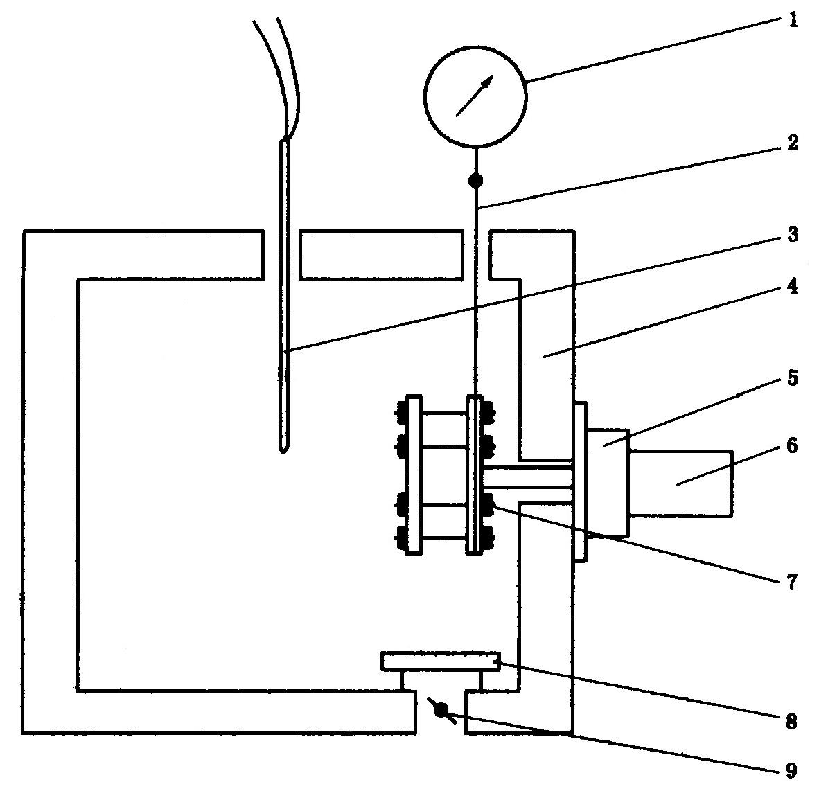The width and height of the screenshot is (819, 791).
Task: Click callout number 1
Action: coord(793,20)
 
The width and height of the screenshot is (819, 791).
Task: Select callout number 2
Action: coord(793,143)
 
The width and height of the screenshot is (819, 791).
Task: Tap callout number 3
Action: coord(793,234)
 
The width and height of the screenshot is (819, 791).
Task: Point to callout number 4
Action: coord(793,285)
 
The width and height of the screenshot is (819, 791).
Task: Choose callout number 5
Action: coord(793,377)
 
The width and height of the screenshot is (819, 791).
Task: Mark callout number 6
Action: coord(792,445)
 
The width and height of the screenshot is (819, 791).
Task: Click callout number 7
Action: coord(792,582)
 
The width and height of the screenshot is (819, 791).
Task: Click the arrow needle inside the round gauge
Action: coord(474,96)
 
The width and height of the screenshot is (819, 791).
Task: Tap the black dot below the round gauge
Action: coord(475,181)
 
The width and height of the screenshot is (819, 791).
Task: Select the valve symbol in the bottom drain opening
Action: coord(441,710)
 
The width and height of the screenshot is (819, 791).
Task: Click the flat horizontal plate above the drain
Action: coord(440,661)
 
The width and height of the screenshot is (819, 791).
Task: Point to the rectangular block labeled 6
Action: coord(680,483)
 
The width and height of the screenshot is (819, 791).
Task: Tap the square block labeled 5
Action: coord(608,483)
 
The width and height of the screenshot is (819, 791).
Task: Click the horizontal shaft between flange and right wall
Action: coord(527,478)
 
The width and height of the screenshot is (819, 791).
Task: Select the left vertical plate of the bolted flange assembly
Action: coord(414,474)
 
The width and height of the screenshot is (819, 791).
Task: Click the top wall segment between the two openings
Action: coord(381,255)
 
